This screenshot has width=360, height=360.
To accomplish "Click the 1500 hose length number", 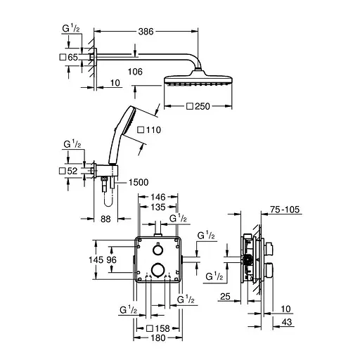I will pos(138,182).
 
